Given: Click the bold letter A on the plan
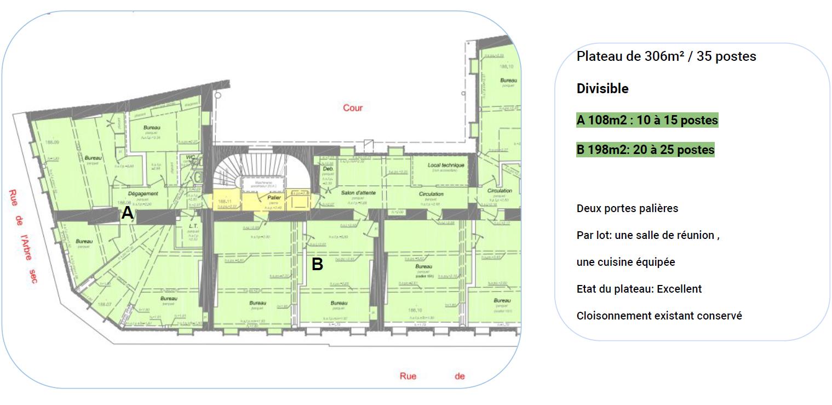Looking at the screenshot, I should (x=127, y=213).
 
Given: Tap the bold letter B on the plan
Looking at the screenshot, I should (x=317, y=264).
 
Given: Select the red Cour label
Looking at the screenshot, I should (x=353, y=107).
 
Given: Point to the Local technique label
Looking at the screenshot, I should (x=445, y=165).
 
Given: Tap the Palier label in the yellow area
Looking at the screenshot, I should (x=274, y=197).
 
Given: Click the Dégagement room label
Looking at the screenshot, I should (x=143, y=193).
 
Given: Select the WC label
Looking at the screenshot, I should (x=191, y=157).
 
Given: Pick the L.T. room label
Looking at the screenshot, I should (x=192, y=225).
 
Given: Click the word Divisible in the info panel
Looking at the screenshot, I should (x=602, y=89).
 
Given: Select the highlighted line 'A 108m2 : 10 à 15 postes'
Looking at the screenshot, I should (x=646, y=120).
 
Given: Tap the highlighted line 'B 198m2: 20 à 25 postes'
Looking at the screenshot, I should (x=645, y=150).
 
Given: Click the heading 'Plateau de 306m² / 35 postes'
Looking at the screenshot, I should (x=665, y=56).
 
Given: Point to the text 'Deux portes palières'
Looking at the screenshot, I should (x=627, y=208).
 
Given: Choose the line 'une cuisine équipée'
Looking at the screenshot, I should (x=626, y=262).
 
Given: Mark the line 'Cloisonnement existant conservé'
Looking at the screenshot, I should (x=659, y=316).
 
